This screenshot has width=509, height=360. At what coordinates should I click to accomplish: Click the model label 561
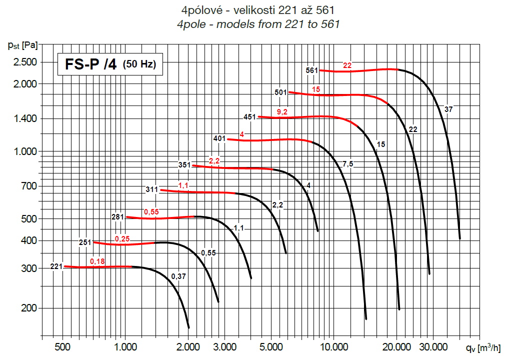tap(312, 70)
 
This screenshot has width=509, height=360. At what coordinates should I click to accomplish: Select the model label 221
tap(56, 266)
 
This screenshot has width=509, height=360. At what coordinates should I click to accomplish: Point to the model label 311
tap(152, 190)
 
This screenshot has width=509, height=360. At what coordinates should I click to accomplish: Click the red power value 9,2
tap(282, 112)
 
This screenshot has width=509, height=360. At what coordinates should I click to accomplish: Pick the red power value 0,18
tap(97, 261)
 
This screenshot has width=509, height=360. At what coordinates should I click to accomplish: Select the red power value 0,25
tap(122, 239)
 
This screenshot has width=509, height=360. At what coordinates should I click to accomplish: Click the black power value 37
tap(448, 109)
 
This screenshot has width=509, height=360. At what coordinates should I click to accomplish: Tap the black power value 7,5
tap(347, 164)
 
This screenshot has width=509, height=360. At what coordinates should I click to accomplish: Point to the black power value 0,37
tap(178, 276)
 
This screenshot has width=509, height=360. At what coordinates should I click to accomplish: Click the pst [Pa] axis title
tap(23, 45)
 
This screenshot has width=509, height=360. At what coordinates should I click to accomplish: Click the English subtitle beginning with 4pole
tap(258, 24)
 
